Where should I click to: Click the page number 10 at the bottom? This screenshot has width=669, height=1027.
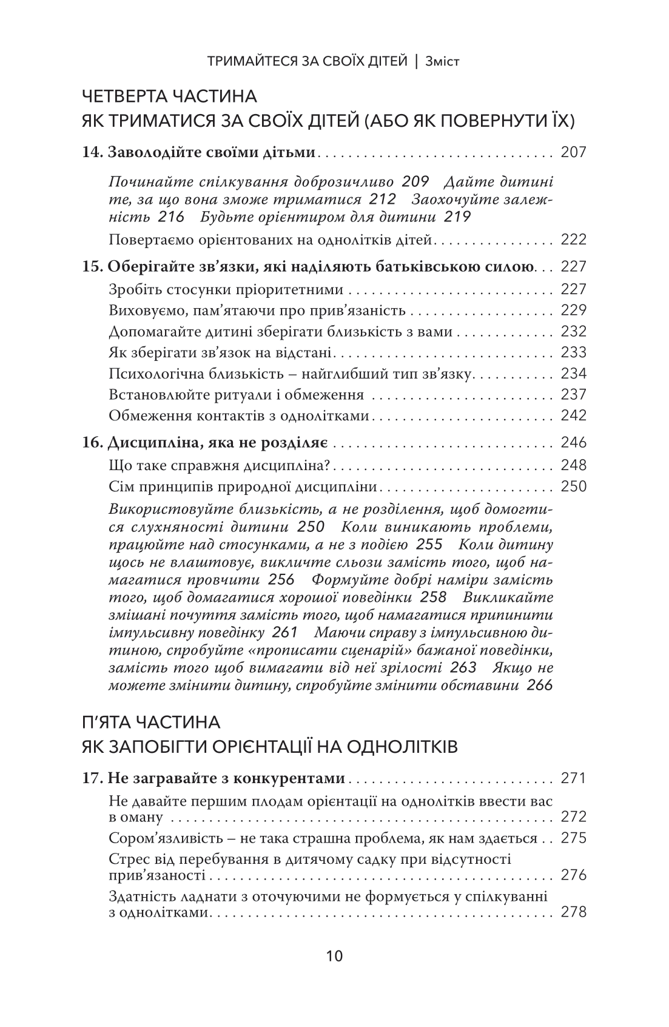point(334,957)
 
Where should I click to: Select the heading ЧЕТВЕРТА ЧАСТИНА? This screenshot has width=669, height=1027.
point(169,96)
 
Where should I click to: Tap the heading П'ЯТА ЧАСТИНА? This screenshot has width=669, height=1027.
point(151,722)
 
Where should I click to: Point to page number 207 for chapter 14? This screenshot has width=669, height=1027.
point(574,152)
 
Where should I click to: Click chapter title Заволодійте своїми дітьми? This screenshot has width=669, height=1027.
point(212,152)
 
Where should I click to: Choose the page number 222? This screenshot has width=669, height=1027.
point(574,240)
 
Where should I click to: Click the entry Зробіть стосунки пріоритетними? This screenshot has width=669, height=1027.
point(226,289)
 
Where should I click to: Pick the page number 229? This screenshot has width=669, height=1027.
point(574,310)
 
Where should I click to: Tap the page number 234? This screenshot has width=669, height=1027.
point(574,374)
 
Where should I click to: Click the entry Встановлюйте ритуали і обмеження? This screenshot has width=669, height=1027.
point(237,395)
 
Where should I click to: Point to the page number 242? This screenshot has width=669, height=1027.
point(574,416)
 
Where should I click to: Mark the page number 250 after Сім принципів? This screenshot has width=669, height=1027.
point(574,487)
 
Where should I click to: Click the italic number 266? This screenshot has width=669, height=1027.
point(540,686)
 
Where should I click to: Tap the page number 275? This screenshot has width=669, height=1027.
point(574,838)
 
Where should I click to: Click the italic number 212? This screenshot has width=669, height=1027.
point(383,199)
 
